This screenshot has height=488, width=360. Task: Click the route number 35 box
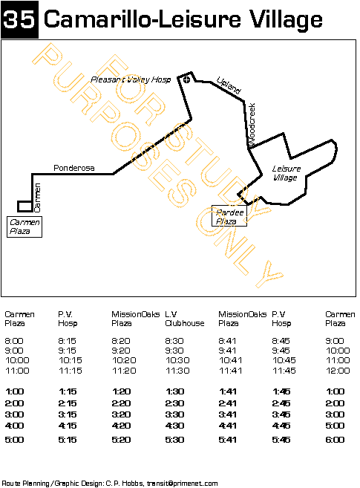tap(20, 20)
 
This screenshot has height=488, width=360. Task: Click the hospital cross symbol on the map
tap(188, 79)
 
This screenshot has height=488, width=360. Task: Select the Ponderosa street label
tap(73, 169)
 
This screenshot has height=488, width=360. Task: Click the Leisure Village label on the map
tap(286, 173)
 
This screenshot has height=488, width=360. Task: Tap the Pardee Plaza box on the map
tap(229, 216)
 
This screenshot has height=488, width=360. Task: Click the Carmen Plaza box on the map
tap(24, 227)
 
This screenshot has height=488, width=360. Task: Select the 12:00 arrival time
tap(338, 371)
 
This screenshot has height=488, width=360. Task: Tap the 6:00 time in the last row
tap(336, 440)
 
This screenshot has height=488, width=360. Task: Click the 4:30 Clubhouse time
tap(175, 426)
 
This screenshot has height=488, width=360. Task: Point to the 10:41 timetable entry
tap(229, 360)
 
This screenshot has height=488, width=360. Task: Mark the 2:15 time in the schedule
tap(68, 403)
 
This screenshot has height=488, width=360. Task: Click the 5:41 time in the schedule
tap(229, 440)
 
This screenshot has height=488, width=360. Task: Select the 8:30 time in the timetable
tap(175, 340)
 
